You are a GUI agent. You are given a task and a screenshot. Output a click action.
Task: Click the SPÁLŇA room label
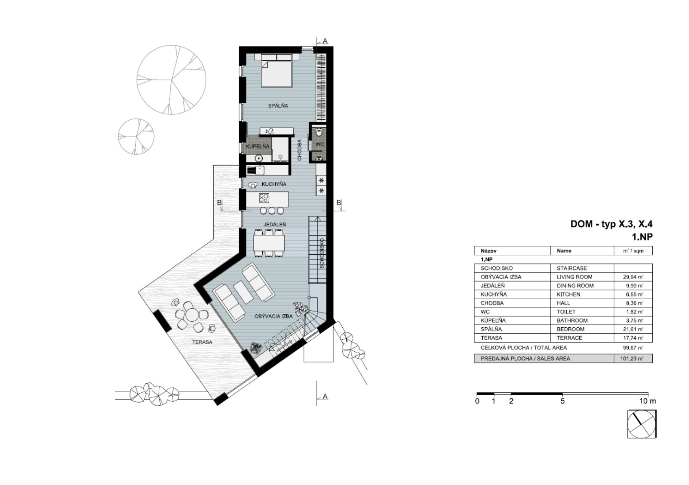click(x=278, y=106)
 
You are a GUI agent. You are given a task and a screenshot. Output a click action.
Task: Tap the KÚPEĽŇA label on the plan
click(x=257, y=147)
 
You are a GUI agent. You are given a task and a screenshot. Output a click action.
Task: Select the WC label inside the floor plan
click(x=319, y=144)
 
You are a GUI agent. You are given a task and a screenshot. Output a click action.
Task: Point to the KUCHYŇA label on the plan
click(x=274, y=184)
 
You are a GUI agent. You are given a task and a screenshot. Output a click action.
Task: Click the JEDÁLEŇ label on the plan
click(x=275, y=225)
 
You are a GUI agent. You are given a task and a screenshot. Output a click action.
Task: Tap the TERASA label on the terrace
click(x=202, y=342)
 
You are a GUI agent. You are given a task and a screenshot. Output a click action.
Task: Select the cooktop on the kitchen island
click(x=264, y=198)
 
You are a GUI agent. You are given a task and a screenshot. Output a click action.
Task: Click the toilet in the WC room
click(x=319, y=132)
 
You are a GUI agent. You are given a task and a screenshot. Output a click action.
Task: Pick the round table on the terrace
click(x=192, y=315)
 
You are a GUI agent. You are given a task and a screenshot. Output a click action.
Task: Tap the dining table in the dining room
click(x=269, y=243)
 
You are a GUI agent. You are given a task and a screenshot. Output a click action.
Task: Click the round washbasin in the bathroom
click(x=258, y=158)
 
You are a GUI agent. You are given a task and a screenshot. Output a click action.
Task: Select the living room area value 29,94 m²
click(x=633, y=277)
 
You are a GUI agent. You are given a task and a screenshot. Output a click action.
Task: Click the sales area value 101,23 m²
click(x=632, y=359)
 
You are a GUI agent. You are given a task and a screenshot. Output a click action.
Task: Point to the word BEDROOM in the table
click(x=571, y=329)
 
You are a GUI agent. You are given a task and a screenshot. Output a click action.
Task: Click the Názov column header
click(x=488, y=251)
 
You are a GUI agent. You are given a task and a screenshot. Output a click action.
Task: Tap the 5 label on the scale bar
click(x=562, y=401)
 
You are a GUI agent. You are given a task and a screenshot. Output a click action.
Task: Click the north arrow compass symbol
click(x=642, y=424)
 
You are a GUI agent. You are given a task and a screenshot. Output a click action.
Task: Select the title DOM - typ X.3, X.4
click(x=611, y=224)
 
